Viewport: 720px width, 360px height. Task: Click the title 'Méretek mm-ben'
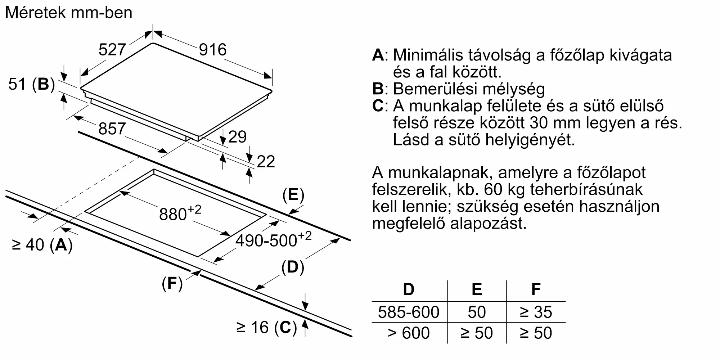(x=69, y=13)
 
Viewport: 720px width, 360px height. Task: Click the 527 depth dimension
(x=112, y=50)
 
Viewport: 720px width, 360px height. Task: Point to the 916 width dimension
(x=213, y=50)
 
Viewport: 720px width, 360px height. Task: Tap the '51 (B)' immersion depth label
(x=32, y=85)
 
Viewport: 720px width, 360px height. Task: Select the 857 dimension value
(x=112, y=129)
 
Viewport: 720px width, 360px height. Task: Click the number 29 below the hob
(x=237, y=137)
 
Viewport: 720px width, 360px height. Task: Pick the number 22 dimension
(x=266, y=162)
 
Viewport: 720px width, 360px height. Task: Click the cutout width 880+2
(x=180, y=213)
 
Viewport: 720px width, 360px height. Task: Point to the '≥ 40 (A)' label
(x=42, y=245)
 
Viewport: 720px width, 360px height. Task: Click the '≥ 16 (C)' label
(x=267, y=328)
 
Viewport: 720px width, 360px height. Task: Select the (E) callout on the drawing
(x=293, y=195)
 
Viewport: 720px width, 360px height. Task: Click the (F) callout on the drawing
(x=172, y=284)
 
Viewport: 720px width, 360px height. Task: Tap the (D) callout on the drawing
(x=293, y=267)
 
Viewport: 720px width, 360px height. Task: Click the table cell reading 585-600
(x=409, y=312)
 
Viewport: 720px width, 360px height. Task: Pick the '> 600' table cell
(x=409, y=333)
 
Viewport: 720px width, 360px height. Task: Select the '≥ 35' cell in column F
(x=536, y=312)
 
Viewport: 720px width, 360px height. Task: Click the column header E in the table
(x=477, y=289)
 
